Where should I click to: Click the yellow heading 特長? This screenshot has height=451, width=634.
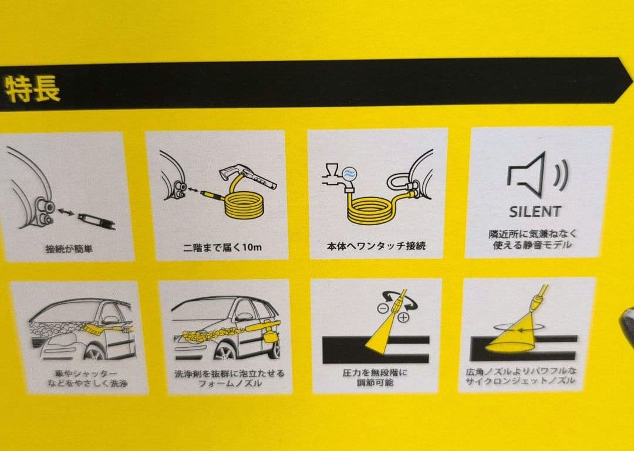pos(32,89)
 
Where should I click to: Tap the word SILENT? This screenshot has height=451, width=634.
pos(535,211)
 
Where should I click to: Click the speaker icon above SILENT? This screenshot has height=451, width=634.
pos(537,175)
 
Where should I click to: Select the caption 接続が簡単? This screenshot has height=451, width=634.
pos(69,249)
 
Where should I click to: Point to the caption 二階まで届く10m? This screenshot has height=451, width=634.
pos(222,247)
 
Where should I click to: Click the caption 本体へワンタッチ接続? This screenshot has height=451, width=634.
pos(376,246)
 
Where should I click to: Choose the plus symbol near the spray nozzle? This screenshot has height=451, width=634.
pos(403,317)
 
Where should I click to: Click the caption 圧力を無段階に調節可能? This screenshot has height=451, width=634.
pos(375,377)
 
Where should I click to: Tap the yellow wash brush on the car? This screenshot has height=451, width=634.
pos(107,325)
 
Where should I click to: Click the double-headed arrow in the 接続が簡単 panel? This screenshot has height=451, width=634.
pos(66,211)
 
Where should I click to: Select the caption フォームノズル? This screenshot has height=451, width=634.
pos(230,383)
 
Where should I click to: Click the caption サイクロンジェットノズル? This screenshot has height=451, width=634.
pos(520,381)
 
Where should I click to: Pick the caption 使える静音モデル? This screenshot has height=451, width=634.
pos(532,245)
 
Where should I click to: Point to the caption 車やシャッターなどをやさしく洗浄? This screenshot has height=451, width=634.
pos(87,378)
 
